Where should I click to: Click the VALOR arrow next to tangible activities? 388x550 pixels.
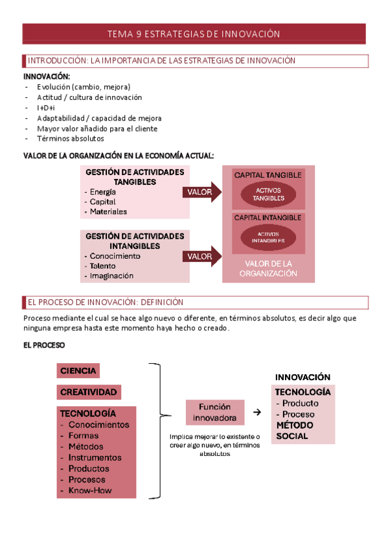coord(201,193)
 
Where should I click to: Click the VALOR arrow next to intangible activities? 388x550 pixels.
coord(201,256)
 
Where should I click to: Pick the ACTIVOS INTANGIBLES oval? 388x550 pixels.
coord(268,237)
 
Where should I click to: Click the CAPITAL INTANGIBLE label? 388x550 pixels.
coord(268,218)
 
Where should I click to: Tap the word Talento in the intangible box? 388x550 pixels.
coord(103,266)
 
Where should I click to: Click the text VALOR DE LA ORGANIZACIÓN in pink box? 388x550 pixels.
coord(268,269)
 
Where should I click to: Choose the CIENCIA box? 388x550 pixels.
coord(78,371)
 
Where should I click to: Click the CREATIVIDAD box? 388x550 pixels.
coord(89,392)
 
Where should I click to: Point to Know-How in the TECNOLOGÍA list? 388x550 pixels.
coord(90,490)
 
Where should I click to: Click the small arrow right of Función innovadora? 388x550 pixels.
coord(257,413)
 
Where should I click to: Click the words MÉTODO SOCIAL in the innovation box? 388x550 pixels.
coord(291,431)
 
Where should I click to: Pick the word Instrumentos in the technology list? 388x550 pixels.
coord(95,457)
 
